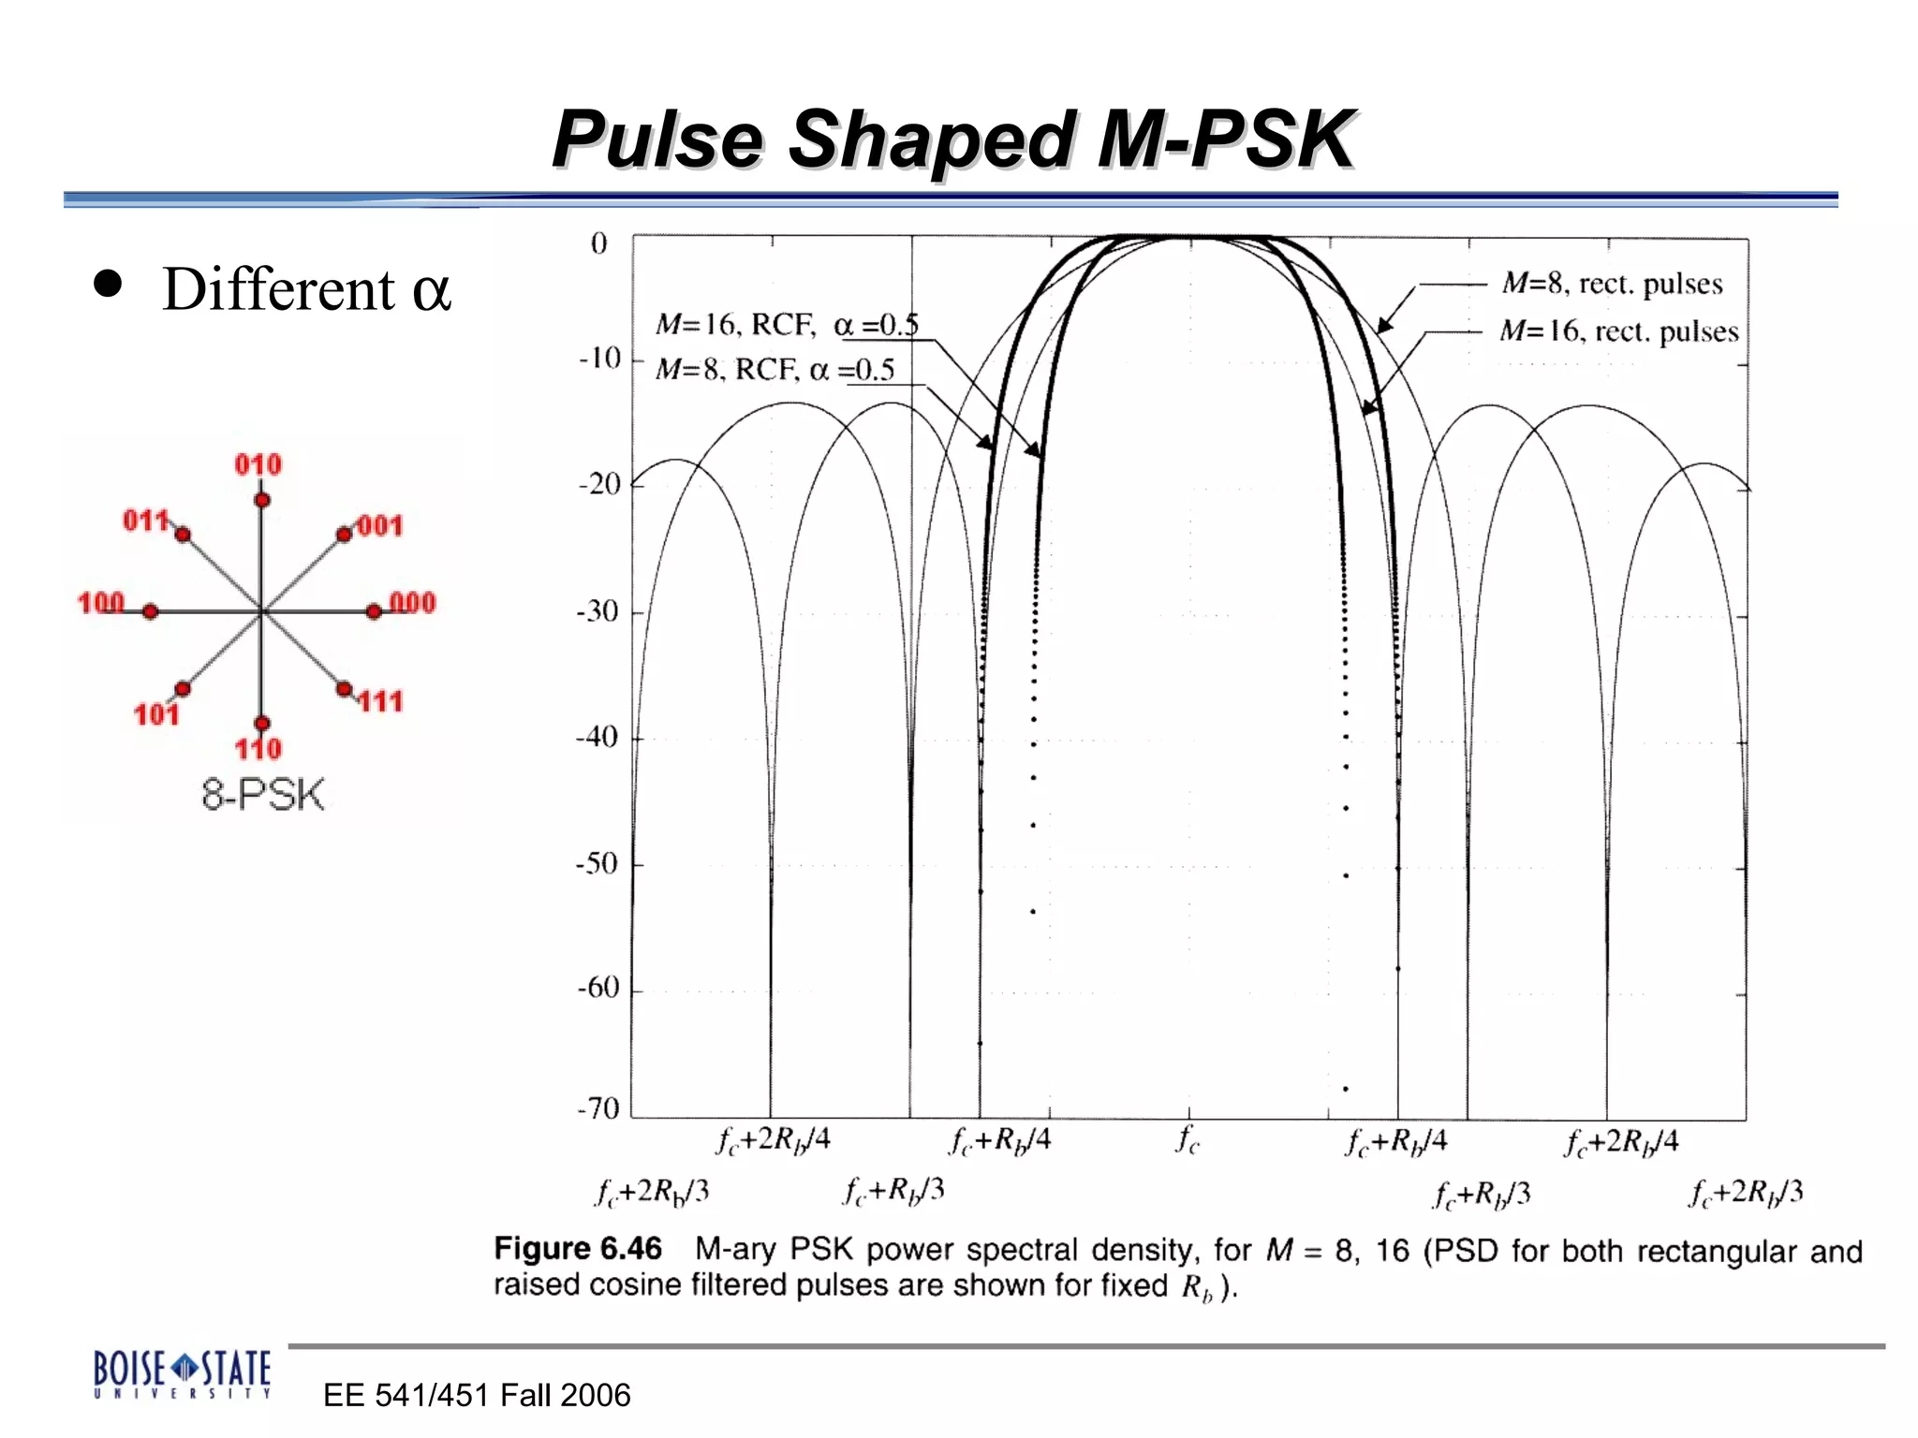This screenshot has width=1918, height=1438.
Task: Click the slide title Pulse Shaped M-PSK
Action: coord(953,140)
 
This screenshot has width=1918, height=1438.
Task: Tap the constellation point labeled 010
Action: coord(262,500)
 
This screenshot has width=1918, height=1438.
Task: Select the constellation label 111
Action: coord(380,701)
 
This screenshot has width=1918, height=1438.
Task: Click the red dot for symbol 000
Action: coord(374,611)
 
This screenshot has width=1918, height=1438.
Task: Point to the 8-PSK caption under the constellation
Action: coord(263,795)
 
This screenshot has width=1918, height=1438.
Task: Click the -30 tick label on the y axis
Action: coord(598,611)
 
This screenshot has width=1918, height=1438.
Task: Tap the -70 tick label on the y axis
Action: coord(598,1108)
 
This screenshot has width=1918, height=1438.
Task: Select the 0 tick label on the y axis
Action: coord(598,243)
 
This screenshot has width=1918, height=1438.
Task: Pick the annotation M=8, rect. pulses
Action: coord(1612,284)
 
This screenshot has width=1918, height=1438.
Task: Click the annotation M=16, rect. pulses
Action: coord(1618,331)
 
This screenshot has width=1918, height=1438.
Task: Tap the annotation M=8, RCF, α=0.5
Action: coord(775,370)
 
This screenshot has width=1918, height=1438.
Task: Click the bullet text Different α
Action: coord(306,289)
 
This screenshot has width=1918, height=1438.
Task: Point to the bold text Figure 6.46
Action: coord(578,1249)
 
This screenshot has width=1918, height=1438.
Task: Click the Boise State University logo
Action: coord(182,1373)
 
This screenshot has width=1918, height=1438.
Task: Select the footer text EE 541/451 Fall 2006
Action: coord(476,1395)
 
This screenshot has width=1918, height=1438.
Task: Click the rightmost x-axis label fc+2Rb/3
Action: coord(1746,1193)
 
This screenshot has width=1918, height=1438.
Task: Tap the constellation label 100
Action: coord(100,603)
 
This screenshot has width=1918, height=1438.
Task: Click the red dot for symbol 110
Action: coord(262,723)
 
